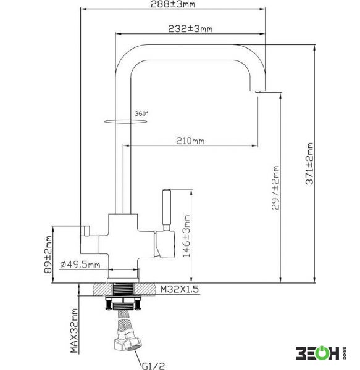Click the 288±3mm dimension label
(x=173, y=4)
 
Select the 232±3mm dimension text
(x=190, y=29)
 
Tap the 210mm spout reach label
(x=190, y=141)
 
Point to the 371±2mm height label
(x=309, y=163)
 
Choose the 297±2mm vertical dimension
(x=275, y=187)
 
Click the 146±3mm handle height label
(x=186, y=236)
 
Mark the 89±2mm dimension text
(x=48, y=254)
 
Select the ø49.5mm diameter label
(x=80, y=265)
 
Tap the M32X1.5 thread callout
(x=180, y=289)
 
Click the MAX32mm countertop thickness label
(x=74, y=331)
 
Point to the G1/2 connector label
(x=153, y=366)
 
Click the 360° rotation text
(x=141, y=113)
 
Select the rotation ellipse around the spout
(x=125, y=121)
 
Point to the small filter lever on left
(x=85, y=231)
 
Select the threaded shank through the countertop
(x=123, y=289)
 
